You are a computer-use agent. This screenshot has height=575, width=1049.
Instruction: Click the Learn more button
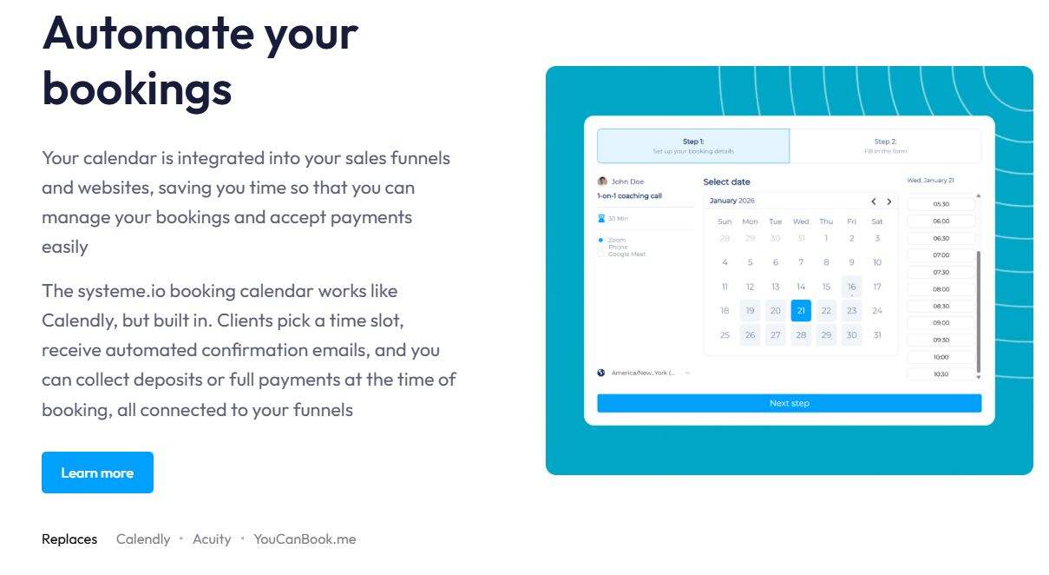97,473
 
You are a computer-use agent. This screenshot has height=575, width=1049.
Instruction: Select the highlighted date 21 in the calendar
801,310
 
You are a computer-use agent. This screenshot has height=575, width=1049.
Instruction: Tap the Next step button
789,403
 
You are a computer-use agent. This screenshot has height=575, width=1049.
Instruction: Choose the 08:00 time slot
941,289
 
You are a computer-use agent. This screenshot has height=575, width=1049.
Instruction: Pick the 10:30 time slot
941,374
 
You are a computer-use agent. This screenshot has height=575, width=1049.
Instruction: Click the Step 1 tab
693,146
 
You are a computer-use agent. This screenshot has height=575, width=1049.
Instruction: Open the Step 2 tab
885,146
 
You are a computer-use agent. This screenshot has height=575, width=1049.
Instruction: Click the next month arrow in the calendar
889,202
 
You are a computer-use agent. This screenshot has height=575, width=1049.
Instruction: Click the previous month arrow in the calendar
874,202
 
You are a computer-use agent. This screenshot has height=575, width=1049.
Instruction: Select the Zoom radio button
600,240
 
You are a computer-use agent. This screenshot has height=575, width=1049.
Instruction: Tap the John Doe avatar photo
602,182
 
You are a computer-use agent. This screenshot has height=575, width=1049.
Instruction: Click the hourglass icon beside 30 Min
601,218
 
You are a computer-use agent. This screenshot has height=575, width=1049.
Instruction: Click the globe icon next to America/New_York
601,373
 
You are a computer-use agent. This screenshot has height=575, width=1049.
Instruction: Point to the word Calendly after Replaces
143,539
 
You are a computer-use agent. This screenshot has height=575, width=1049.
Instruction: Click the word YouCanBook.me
305,539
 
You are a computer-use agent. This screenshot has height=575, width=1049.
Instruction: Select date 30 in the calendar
851,335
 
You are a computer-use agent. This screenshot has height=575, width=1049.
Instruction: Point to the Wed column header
801,221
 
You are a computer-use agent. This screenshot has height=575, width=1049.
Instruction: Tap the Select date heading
726,182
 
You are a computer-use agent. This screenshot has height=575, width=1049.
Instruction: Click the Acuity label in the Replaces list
212,539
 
